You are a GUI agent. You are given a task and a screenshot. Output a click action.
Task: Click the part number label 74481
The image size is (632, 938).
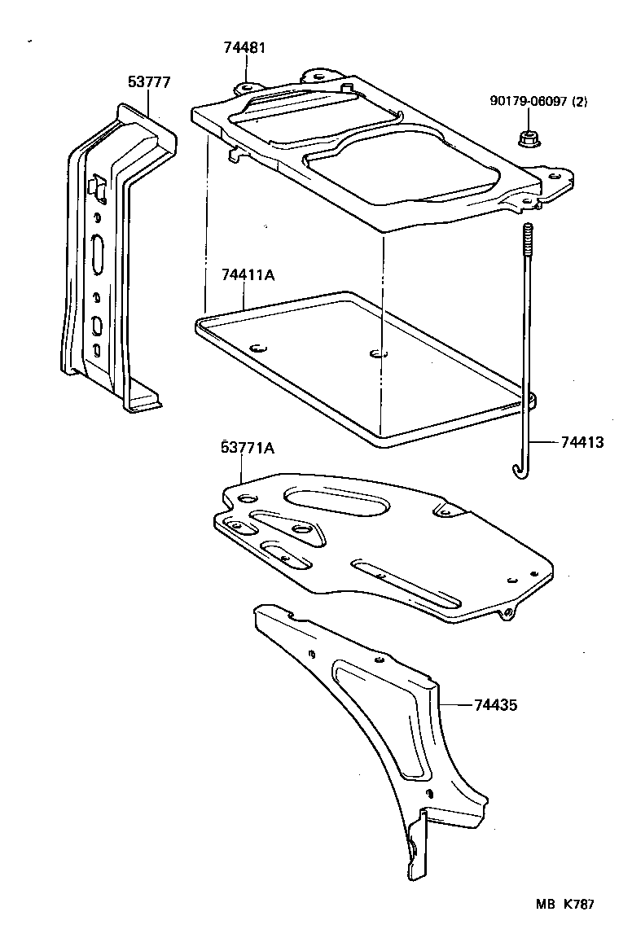pos(244,48)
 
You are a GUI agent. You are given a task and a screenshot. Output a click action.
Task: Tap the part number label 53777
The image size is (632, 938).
pos(149,81)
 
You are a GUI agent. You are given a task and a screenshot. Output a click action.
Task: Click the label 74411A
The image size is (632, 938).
pos(248,276)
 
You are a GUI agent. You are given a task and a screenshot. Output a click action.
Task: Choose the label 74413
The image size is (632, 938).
pos(582,442)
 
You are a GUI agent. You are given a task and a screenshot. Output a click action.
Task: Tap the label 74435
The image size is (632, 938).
pos(495,705)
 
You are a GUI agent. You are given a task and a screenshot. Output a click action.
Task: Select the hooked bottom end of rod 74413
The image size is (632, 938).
pos(518,470)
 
